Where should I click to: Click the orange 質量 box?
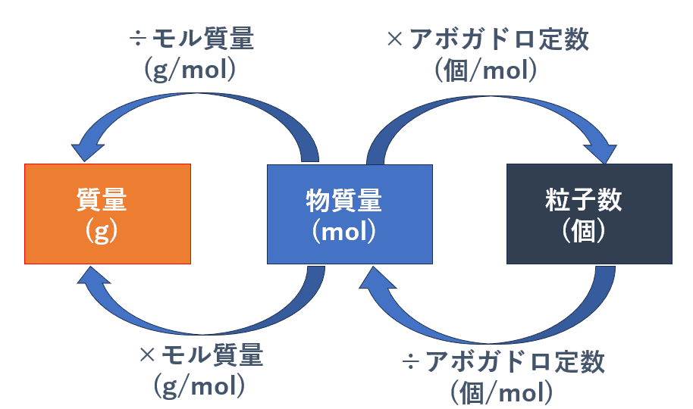(x=108, y=214)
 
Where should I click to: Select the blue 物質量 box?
(x=350, y=214)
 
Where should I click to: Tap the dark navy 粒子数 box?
(x=589, y=214)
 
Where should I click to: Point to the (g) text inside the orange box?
(x=102, y=231)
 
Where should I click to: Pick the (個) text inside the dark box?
(x=583, y=231)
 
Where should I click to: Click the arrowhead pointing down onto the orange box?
(x=87, y=151)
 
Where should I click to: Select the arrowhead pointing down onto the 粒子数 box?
(x=600, y=153)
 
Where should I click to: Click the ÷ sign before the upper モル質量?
(x=137, y=39)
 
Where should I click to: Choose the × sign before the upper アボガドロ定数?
(x=395, y=39)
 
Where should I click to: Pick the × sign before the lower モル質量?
(x=147, y=354)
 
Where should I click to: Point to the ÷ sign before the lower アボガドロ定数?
(x=411, y=362)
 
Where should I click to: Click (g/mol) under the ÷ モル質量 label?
(x=190, y=70)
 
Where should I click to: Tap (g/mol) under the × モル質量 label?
(x=199, y=386)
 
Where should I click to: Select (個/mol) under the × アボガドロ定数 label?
(x=486, y=70)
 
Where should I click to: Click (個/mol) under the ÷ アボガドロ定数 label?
(x=502, y=392)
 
